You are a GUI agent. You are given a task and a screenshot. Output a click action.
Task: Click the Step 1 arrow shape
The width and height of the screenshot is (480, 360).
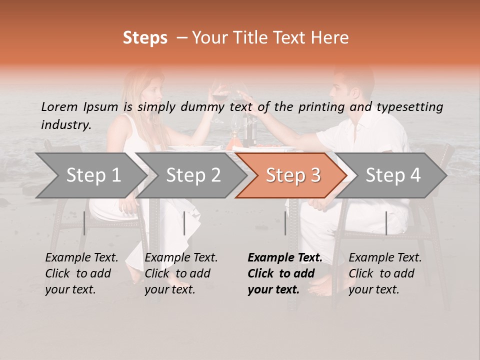point(90,175)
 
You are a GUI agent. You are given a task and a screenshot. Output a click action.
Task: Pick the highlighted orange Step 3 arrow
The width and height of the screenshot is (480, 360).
point(291,175)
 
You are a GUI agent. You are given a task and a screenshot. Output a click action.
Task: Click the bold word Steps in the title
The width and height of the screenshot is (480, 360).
point(145,38)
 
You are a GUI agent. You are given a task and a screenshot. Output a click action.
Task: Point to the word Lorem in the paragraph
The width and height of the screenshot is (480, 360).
point(59,106)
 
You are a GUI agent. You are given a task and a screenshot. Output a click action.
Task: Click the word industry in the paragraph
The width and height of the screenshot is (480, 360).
point(66,125)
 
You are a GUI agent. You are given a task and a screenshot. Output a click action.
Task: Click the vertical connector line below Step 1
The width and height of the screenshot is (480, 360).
point(84,223)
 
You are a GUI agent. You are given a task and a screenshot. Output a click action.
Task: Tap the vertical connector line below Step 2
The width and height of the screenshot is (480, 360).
point(184,223)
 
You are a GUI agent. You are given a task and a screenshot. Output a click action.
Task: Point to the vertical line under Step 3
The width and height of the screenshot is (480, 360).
point(285,223)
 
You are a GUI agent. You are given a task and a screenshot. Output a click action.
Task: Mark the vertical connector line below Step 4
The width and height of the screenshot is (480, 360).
point(386,223)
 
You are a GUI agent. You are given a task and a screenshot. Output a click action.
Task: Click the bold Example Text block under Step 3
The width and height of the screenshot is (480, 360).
point(285,273)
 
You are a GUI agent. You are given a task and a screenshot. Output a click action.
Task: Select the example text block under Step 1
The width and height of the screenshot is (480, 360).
point(81,273)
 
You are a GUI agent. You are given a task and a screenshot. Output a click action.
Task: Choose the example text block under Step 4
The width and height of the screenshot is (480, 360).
point(385,273)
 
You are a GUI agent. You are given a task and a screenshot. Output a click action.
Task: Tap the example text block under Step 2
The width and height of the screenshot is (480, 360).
point(181,273)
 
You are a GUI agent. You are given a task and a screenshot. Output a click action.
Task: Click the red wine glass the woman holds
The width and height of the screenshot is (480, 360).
point(219,93)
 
